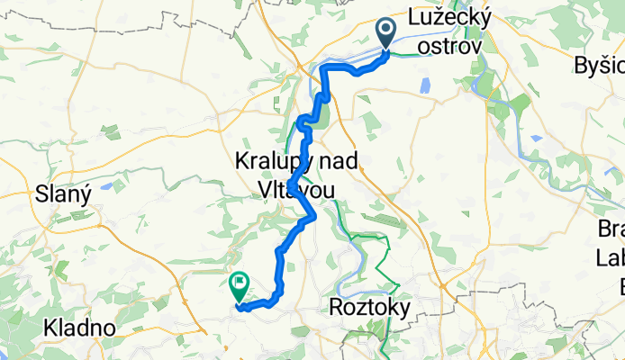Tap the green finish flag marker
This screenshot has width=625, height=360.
[x=240, y=287]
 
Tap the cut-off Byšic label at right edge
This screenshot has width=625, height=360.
[x=600, y=65]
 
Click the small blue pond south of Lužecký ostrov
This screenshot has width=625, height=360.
[x=423, y=85]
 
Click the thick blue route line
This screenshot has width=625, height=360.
[x=285, y=261]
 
